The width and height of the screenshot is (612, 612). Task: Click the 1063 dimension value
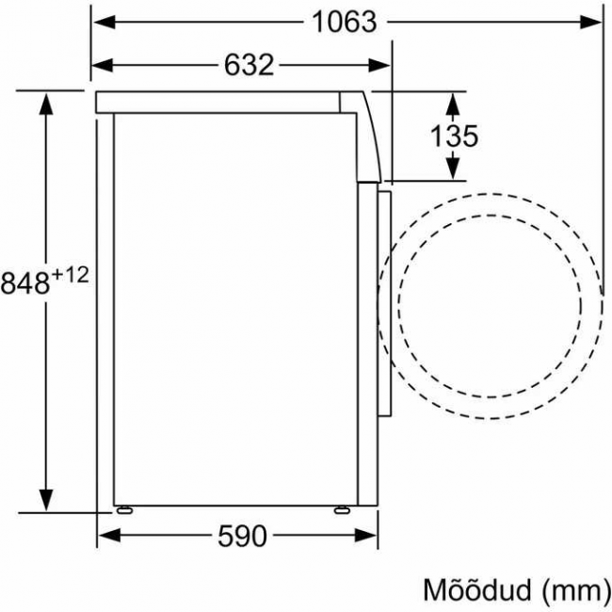pos(344,22)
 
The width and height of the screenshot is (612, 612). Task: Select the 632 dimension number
pos(249,65)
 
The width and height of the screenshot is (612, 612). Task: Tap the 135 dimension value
pos(454,136)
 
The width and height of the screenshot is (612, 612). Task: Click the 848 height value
pos(24,282)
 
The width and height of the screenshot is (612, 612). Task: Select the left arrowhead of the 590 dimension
pos(108,537)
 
